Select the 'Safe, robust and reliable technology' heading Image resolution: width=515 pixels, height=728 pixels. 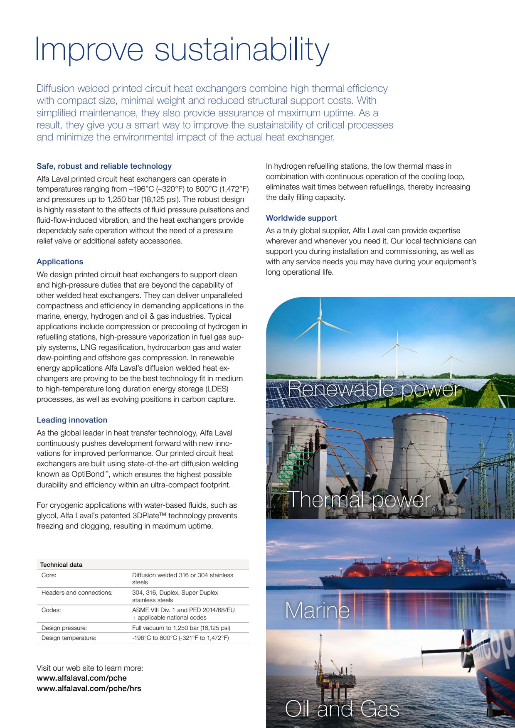tap(104, 166)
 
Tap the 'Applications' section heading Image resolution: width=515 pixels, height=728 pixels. tap(60, 262)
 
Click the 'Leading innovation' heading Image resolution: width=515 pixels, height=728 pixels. tap(72, 420)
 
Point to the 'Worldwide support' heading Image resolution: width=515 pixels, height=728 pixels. tap(301, 218)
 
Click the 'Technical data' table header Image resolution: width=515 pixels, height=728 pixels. tap(61, 565)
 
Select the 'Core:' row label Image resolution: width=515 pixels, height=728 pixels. tap(49, 575)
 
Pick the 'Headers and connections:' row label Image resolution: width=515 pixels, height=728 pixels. tap(77, 593)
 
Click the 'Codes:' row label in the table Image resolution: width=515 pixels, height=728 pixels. tap(51, 610)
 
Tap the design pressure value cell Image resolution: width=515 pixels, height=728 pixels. tap(181, 628)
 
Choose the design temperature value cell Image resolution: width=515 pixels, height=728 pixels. tap(180, 638)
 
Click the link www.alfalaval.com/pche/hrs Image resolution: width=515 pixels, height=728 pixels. tap(89, 689)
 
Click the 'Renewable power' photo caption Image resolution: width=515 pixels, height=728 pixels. tap(374, 389)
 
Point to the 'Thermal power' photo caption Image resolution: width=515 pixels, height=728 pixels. tap(359, 499)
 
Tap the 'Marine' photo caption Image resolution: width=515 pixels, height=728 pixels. tap(317, 610)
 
